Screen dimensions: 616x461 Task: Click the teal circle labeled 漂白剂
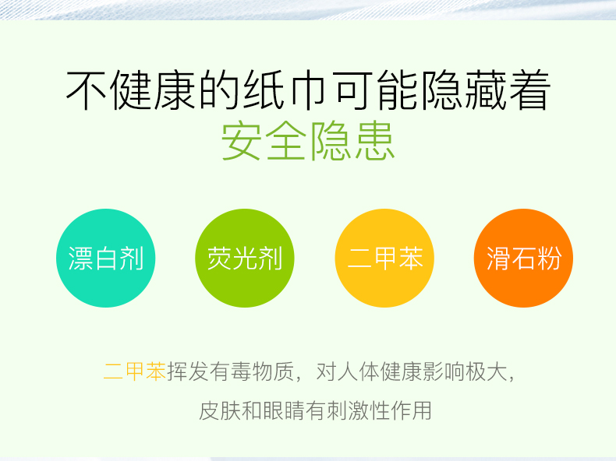pos(106,259)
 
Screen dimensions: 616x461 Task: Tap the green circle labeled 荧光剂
pos(245,259)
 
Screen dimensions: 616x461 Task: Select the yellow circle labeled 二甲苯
pos(384,259)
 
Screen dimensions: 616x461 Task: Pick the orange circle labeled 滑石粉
pos(524,259)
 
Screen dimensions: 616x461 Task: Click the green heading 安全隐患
pos(308,141)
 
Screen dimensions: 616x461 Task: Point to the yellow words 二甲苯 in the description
pos(135,371)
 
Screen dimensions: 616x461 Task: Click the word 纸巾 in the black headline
pos(284,90)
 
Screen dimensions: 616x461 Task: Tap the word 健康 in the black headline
pos(153,90)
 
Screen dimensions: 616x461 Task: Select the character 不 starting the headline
pos(87,90)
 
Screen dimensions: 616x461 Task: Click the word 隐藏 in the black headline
pos(462,90)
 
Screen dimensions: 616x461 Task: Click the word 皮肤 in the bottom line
pos(220,411)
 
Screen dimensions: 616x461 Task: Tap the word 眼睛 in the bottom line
pos(283,411)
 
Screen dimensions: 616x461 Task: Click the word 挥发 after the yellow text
pos(188,371)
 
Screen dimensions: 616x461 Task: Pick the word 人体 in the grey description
pos(358,371)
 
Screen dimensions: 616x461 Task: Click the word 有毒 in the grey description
pos(230,371)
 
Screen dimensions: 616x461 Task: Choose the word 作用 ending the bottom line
pos(410,411)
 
